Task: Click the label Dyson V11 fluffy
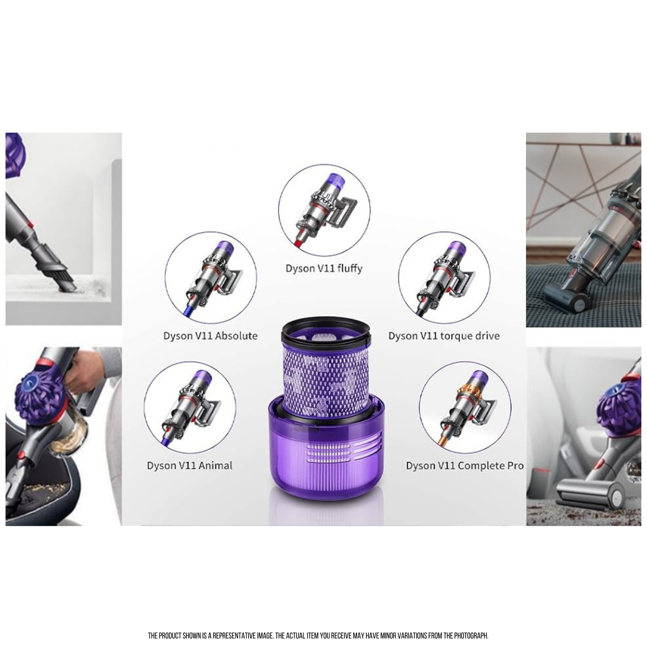point(324,269)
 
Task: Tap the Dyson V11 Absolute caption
point(210,336)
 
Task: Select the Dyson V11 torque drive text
point(444,336)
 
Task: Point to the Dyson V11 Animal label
point(190,465)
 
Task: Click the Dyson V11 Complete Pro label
point(465,465)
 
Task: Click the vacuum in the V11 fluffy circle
point(322,208)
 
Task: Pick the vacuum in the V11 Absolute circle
point(211,277)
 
